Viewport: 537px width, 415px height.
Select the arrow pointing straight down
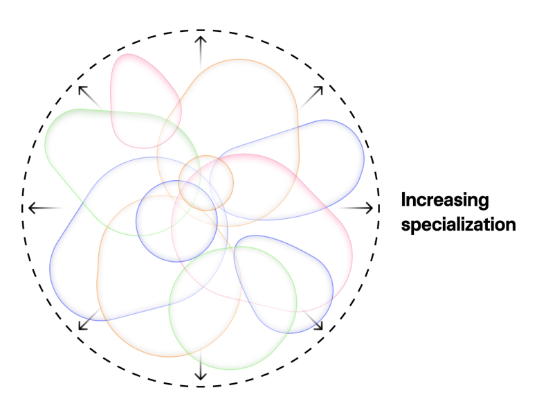201,367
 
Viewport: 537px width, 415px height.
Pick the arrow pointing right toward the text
359,208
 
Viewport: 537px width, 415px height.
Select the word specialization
458,225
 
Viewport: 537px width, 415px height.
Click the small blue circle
176,221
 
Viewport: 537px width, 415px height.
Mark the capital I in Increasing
405,201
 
